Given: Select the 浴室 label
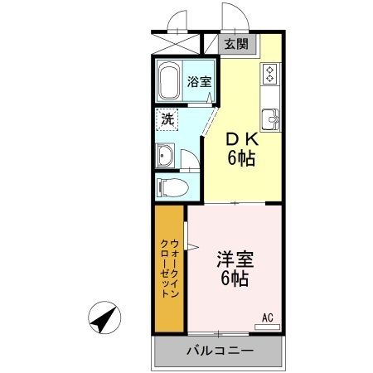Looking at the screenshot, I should (198, 81).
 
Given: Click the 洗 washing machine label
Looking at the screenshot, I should (167, 118).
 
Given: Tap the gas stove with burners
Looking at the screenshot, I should (270, 74).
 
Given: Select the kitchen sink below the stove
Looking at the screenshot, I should (270, 116).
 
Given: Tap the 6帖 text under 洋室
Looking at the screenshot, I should (235, 279).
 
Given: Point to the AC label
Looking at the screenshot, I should (268, 317).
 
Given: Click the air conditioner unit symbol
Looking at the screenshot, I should (267, 327).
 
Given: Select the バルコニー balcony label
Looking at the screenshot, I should (218, 351).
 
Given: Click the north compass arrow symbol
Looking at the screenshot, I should (105, 318).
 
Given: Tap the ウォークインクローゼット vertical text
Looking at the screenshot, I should (168, 268).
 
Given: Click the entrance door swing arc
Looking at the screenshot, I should (230, 17).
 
